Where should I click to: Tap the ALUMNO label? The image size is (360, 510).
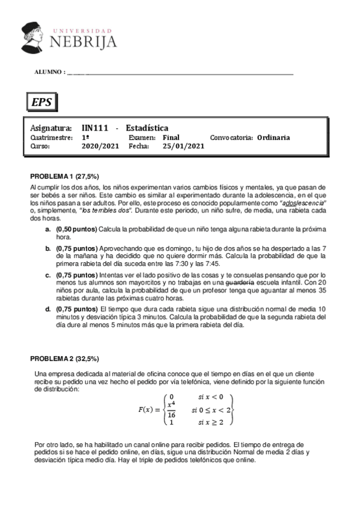point(49,72)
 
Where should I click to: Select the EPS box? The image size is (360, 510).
point(41,102)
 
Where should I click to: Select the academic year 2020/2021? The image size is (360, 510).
point(101,146)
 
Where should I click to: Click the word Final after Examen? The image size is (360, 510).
point(171,137)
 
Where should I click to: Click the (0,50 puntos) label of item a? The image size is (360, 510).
point(76,230)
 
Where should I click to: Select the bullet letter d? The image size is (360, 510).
point(47,309)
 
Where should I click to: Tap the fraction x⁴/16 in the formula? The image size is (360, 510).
point(171,410)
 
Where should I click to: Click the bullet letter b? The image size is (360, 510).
point(47,248)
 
